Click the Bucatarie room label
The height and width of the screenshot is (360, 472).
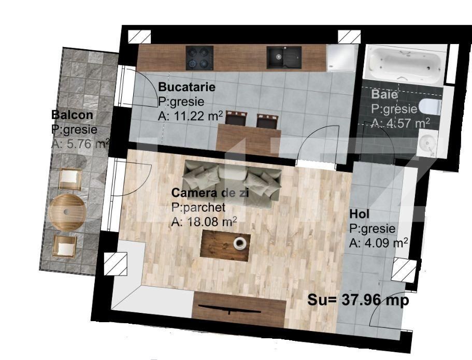pos(187,87)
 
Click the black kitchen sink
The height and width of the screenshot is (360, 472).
pos(283,57)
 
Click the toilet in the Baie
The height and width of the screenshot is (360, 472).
pos(430,106)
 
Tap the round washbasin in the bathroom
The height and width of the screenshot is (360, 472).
pos(427,142)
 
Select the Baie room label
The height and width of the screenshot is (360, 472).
pos(384,95)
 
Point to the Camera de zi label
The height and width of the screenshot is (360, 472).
pos(210,193)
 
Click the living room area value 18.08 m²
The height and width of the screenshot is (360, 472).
pos(204,222)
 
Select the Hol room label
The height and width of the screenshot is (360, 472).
pos(360,214)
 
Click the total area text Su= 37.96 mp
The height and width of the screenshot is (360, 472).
pos(358,300)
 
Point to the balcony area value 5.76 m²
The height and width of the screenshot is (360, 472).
pos(80,144)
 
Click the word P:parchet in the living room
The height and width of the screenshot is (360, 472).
pos(198,208)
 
